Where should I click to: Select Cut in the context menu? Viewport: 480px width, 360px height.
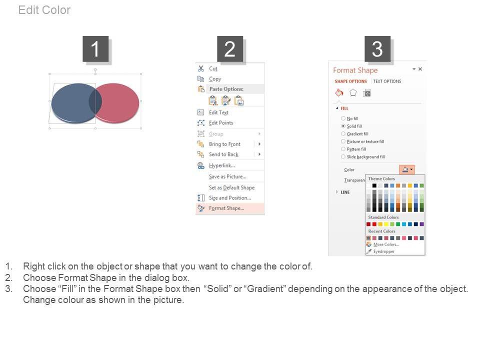213,68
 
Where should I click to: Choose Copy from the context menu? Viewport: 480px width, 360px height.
215,79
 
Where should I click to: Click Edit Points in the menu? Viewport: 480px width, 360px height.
221,123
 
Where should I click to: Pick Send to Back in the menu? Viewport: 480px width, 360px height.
223,154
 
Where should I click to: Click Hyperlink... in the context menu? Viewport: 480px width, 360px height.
222,165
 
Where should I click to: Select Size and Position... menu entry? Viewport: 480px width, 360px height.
230,198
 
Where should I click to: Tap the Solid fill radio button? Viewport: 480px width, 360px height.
343,126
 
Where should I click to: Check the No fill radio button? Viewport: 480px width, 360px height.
343,118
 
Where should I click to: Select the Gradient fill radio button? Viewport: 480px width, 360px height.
343,134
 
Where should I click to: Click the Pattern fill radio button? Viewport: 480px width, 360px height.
343,149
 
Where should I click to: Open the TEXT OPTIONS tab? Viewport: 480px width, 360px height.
387,81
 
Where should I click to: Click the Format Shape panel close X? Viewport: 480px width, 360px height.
420,69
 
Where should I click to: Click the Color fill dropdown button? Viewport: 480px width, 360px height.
407,169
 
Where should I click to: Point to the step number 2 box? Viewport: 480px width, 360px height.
230,49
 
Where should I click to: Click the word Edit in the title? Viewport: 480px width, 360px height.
28,10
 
